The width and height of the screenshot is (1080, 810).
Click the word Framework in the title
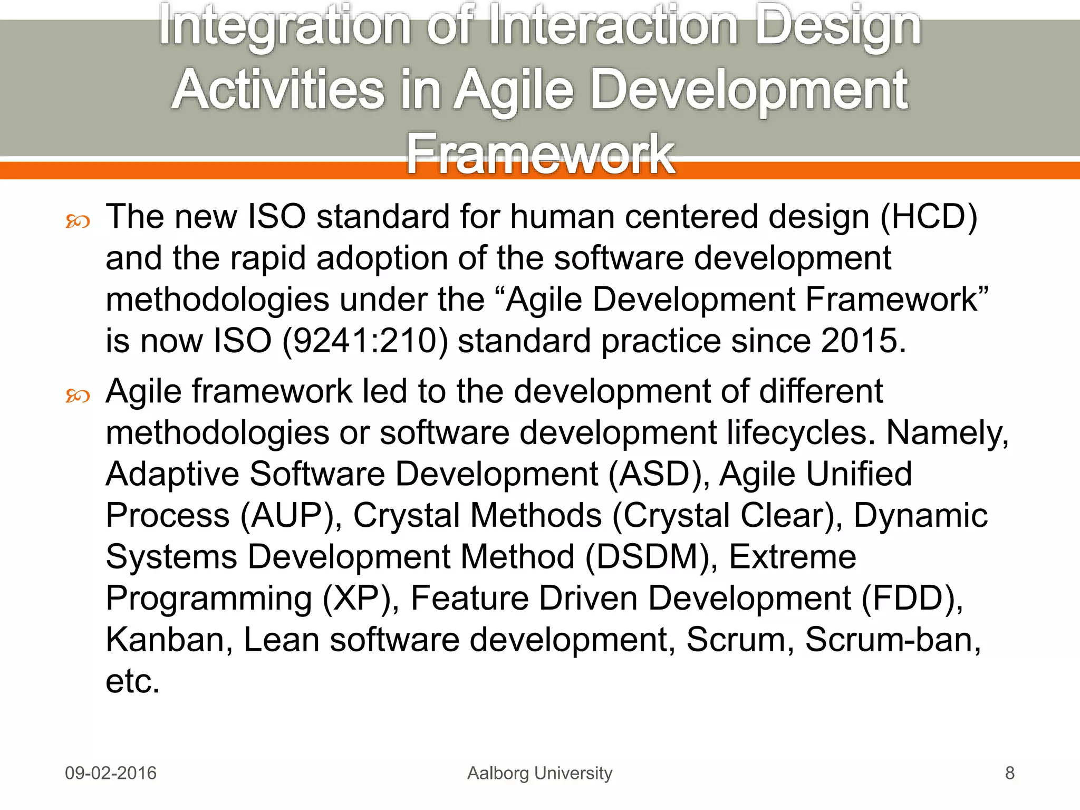coord(540,154)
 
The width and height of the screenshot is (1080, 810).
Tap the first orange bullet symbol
coord(78,221)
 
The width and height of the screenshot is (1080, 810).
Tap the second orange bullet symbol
coord(78,396)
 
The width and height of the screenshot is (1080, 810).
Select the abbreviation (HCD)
coord(929,217)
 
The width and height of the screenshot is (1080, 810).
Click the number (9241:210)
coord(365,341)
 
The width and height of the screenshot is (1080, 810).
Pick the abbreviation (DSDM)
coord(648,557)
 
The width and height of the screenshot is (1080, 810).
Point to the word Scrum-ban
coord(892,640)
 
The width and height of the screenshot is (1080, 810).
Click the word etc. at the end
coord(132,681)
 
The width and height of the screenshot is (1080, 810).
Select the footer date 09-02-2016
coord(111,773)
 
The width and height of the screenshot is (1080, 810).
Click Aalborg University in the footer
coord(540,773)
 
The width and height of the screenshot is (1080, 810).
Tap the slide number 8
coord(1009,773)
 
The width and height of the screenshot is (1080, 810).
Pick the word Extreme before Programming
coord(792,557)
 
